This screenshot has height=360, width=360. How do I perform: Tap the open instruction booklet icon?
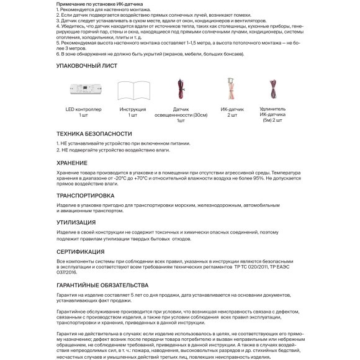133,91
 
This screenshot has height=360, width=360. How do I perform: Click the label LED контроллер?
84,109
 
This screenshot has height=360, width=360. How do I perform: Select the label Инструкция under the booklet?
133,109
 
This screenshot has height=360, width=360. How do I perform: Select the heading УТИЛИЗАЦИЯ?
76,222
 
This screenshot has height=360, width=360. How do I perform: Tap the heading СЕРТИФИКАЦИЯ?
81,253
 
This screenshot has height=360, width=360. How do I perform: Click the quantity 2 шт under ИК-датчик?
229,115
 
